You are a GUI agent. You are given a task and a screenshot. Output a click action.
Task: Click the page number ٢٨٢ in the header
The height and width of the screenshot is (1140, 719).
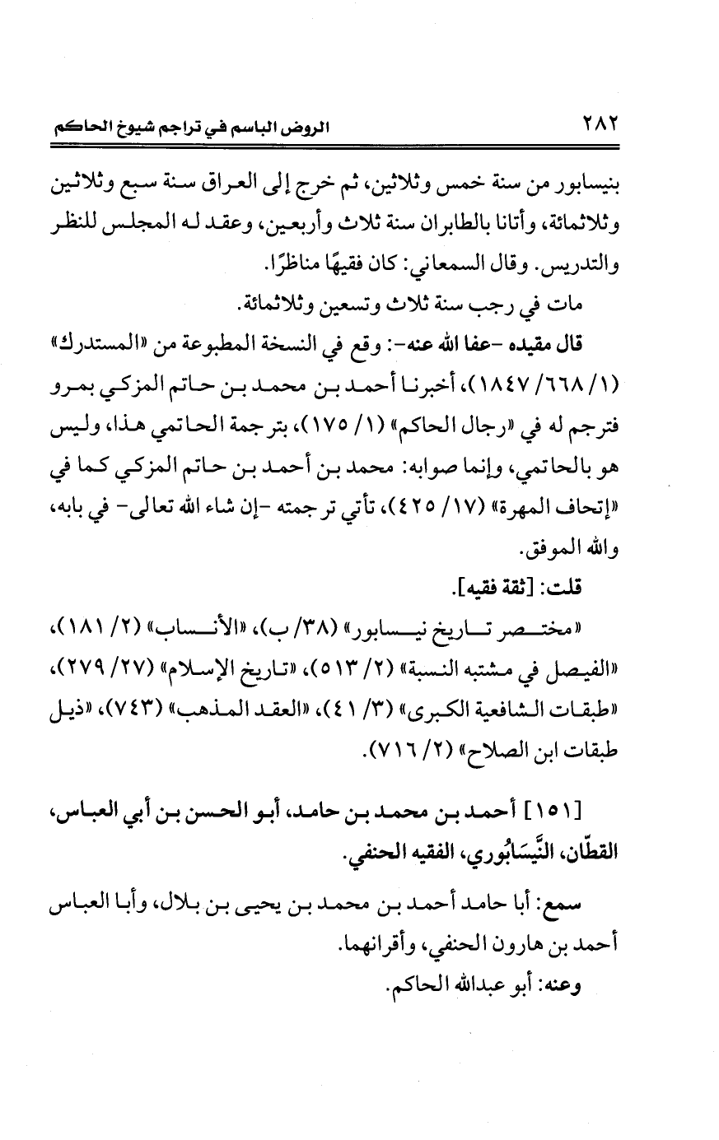click(600, 128)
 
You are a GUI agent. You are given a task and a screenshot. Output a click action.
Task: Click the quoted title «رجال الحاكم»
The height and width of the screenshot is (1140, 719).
click(470, 427)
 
